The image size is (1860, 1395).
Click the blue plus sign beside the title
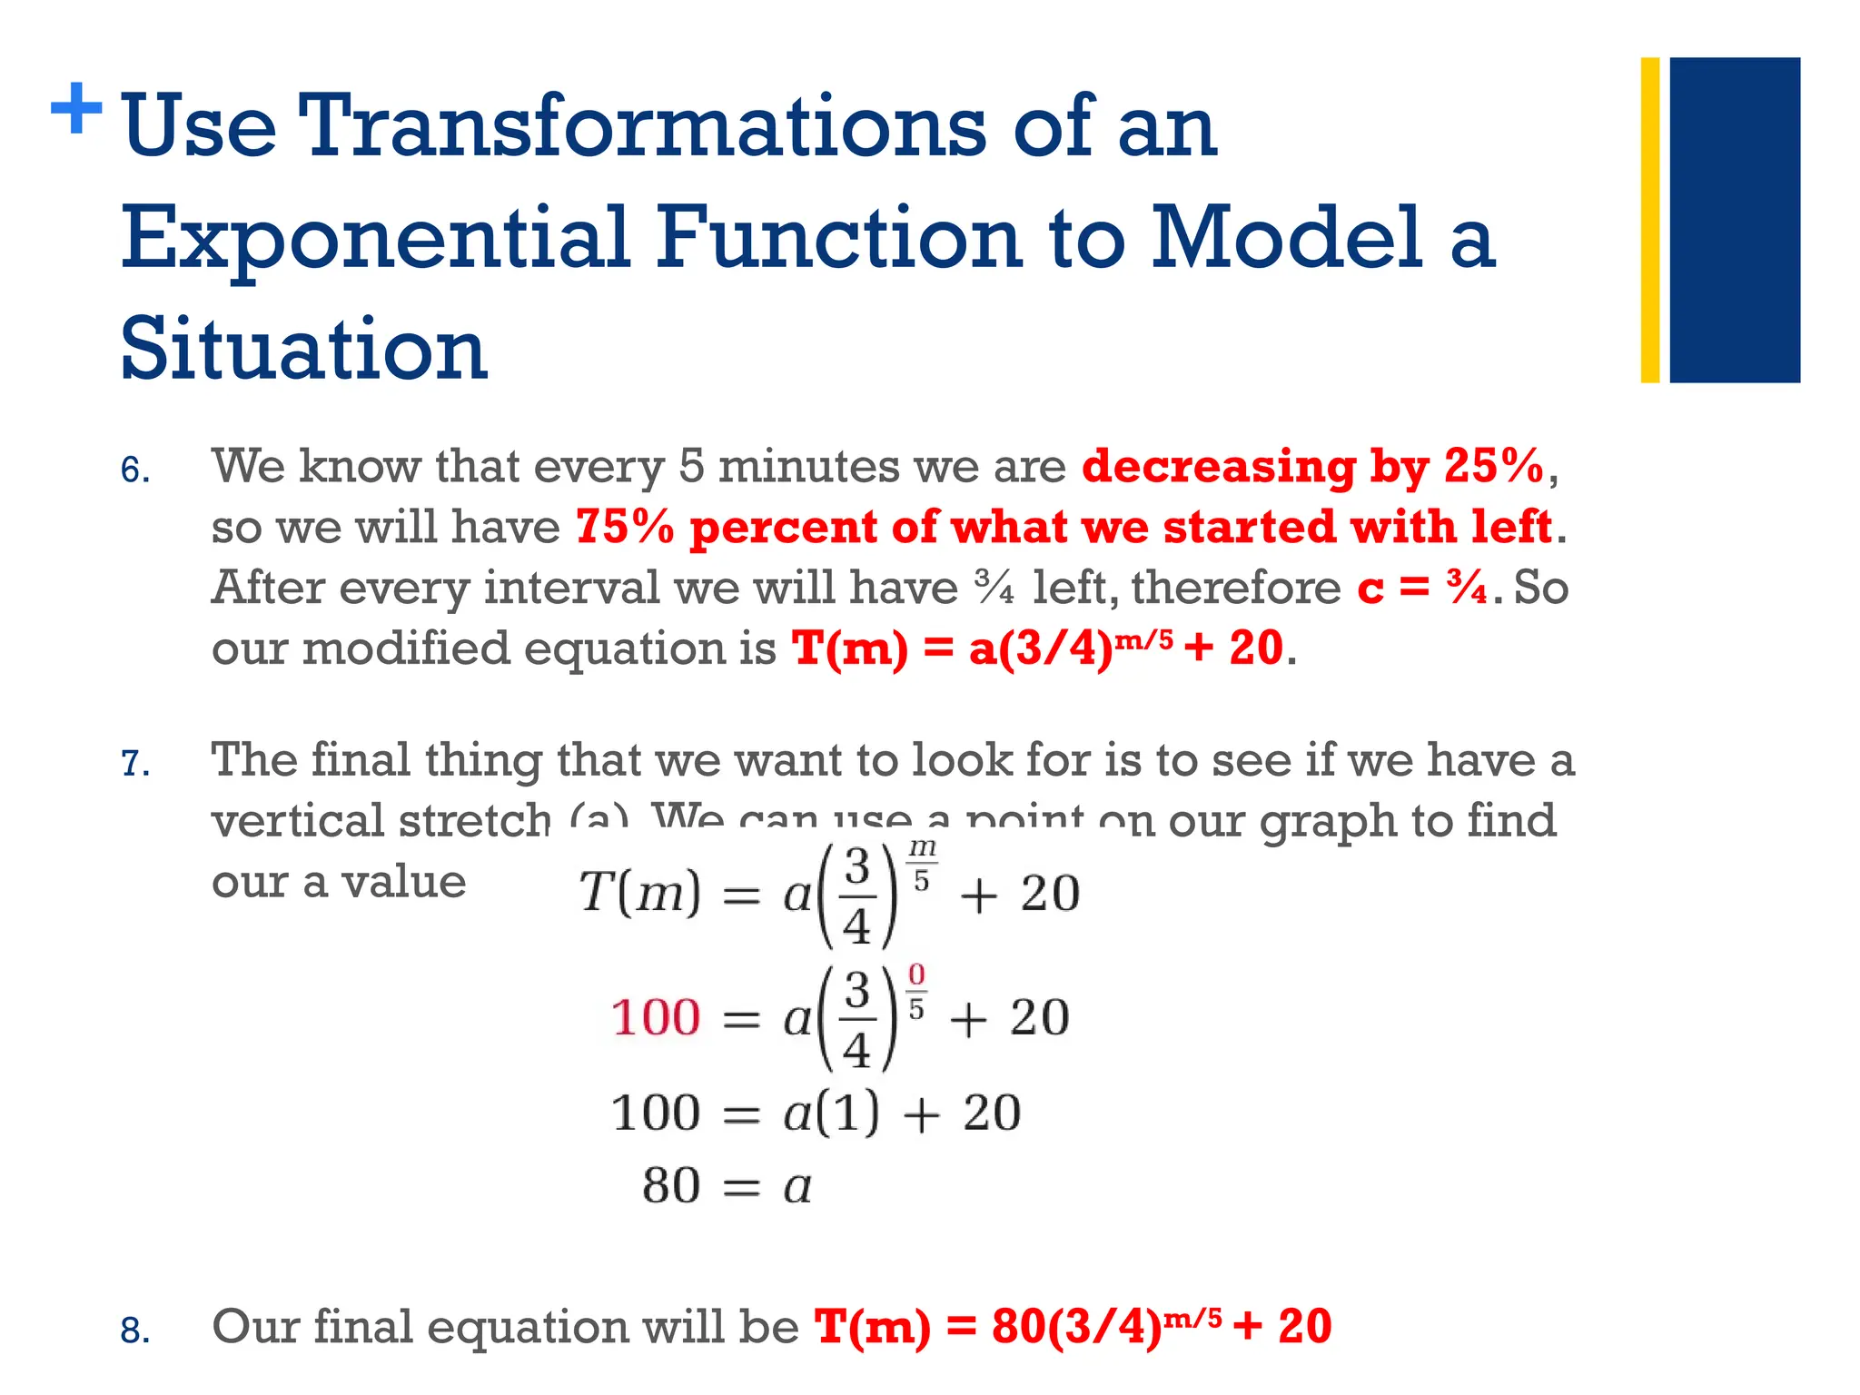pyautogui.click(x=76, y=109)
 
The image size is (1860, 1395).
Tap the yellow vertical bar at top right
pyautogui.click(x=1649, y=220)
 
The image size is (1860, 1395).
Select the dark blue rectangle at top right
pyautogui.click(x=1735, y=220)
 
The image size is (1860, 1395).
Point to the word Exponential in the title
pyautogui.click(x=375, y=238)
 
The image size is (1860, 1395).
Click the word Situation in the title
pyautogui.click(x=304, y=350)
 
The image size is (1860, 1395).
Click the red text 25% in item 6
pyautogui.click(x=1493, y=466)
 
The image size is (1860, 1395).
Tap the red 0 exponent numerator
pyautogui.click(x=916, y=975)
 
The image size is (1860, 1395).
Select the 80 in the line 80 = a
pyautogui.click(x=671, y=1185)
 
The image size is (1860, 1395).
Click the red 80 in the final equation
pyautogui.click(x=1018, y=1327)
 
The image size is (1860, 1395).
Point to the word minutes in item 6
pyautogui.click(x=809, y=466)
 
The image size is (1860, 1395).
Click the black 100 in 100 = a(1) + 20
pyautogui.click(x=656, y=1113)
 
